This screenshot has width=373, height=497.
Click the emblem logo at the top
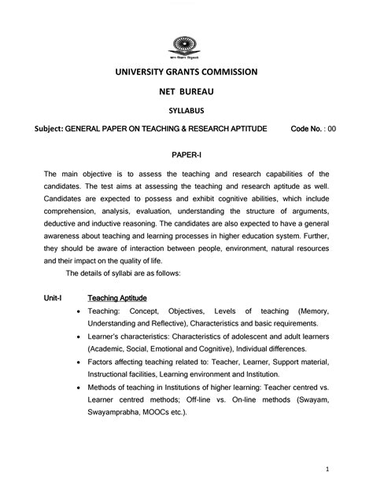tap(186, 46)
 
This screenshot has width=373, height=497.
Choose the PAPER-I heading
tap(186, 156)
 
